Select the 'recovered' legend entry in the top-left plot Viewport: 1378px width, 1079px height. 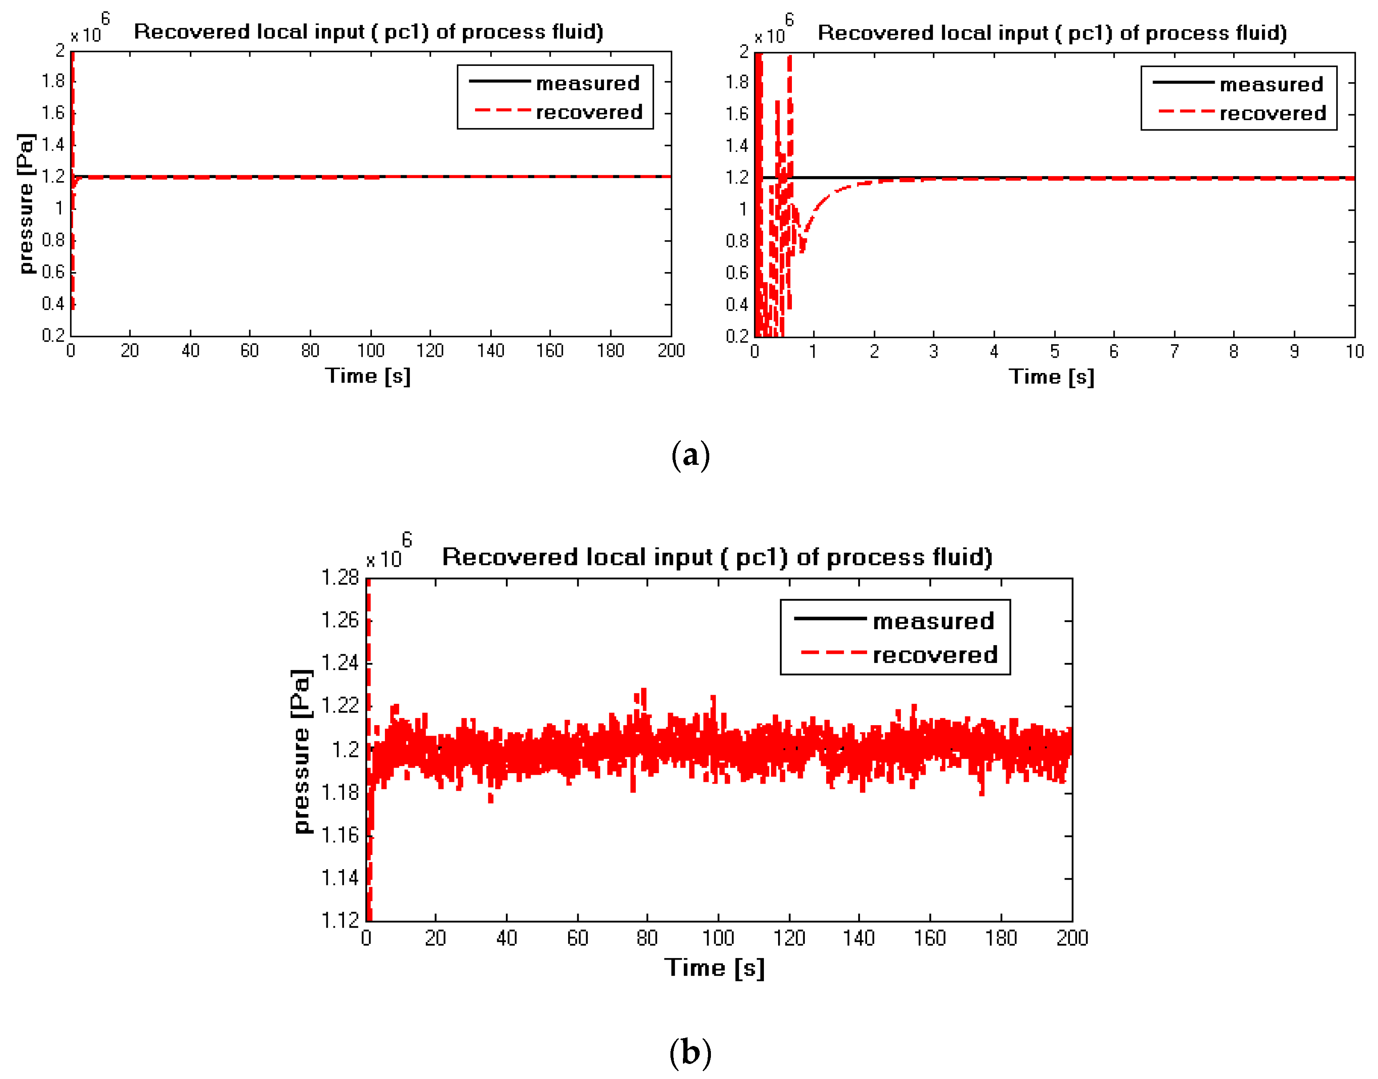point(589,113)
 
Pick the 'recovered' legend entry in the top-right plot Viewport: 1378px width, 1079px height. point(1272,114)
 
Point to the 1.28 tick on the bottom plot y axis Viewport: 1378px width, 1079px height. point(340,577)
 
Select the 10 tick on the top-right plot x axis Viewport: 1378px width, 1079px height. point(1354,352)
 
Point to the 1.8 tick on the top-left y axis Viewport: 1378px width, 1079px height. point(53,81)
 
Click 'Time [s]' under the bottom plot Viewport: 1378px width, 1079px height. point(714,968)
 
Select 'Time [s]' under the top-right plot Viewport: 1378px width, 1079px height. point(1051,377)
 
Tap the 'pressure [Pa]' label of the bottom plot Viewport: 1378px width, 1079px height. point(301,752)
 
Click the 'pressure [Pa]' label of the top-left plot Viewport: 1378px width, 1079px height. point(25,204)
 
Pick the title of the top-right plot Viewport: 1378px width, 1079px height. point(1052,33)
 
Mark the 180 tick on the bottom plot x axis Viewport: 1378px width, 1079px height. point(1001,938)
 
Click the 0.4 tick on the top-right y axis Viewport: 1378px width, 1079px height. point(737,305)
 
